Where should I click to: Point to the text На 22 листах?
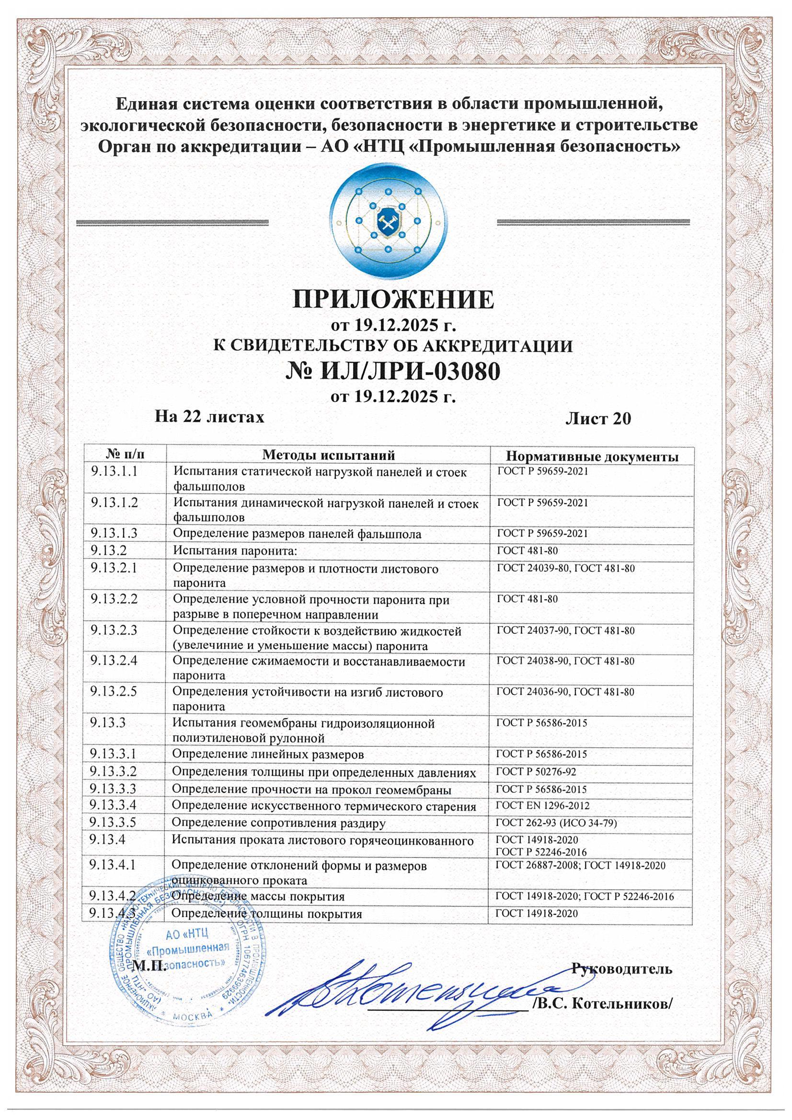(210, 417)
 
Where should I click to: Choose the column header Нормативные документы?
(592, 457)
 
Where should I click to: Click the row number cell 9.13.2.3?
(114, 631)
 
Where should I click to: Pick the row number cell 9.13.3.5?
(114, 823)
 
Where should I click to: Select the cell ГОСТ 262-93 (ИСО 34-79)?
(556, 823)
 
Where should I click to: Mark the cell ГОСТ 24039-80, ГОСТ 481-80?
(565, 568)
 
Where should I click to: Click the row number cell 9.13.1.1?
(114, 472)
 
